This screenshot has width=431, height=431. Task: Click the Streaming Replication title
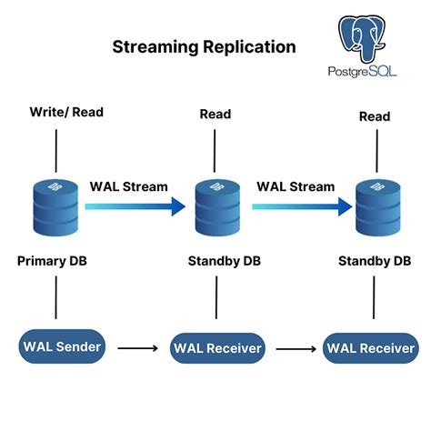[x=204, y=46]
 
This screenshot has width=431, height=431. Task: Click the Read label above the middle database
[x=215, y=115]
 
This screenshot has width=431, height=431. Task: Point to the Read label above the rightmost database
[x=374, y=116]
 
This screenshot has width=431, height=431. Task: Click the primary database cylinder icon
[x=56, y=206]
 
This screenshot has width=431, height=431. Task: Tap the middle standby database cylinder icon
[x=216, y=208]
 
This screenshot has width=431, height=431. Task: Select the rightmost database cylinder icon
[x=376, y=208]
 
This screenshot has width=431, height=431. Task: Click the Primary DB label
[x=56, y=261]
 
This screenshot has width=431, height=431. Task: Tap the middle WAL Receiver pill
[x=216, y=348]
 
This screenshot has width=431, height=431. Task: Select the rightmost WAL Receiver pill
[x=372, y=348]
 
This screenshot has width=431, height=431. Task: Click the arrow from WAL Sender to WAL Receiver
[x=137, y=346]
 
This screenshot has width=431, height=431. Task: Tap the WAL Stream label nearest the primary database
[x=128, y=186]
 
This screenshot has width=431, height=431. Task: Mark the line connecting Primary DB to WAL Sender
[x=56, y=299]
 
